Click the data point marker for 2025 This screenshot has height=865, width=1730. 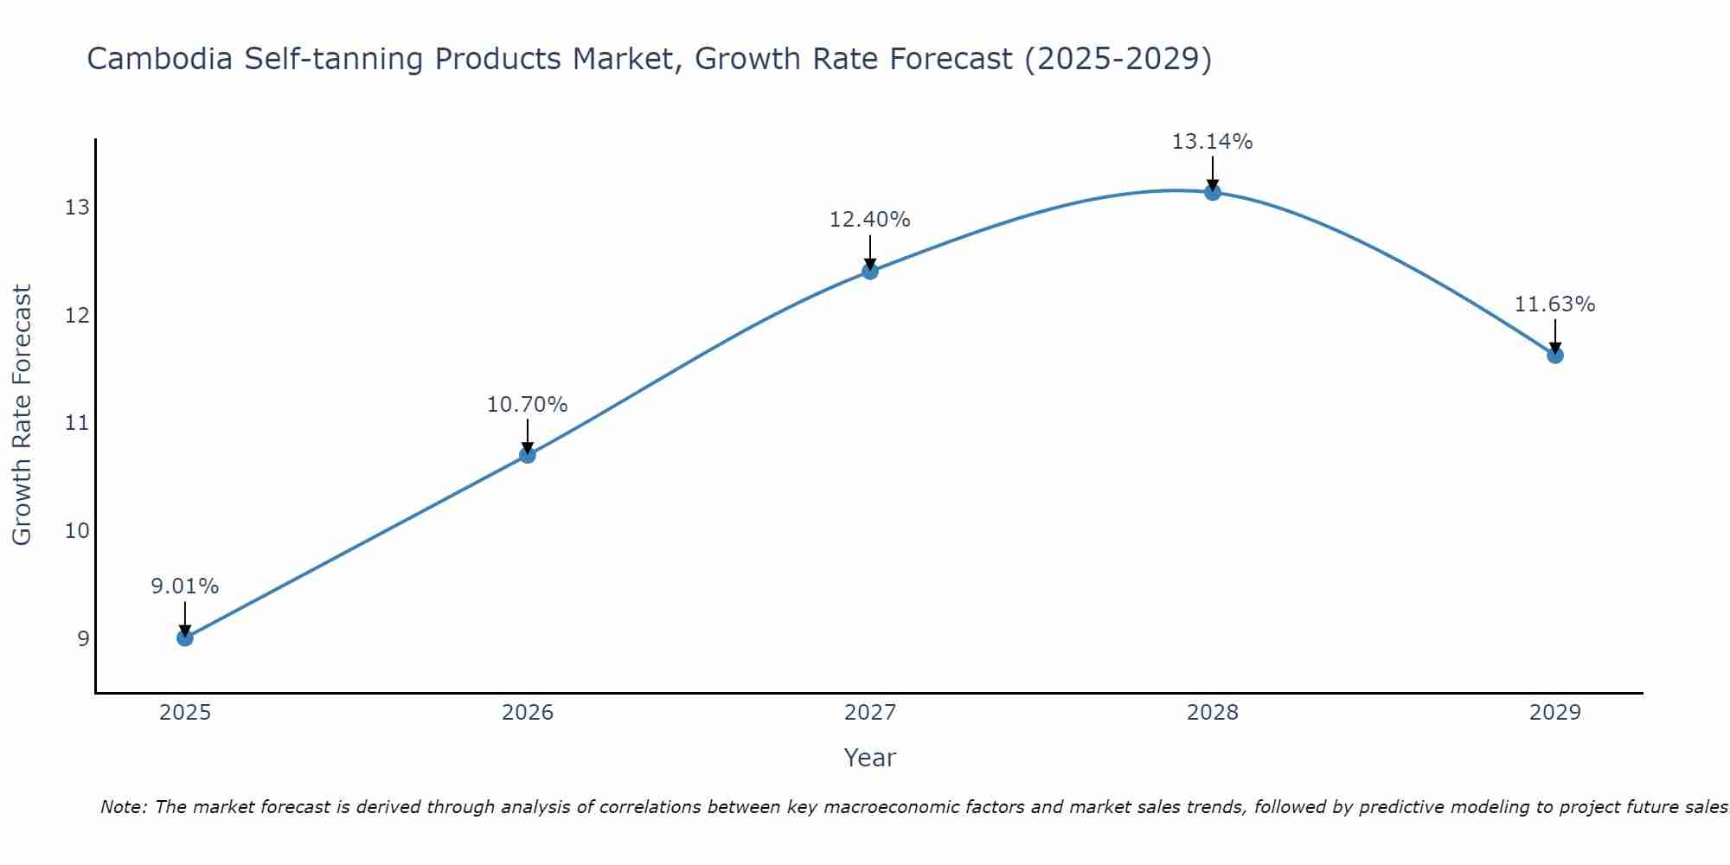[x=185, y=638]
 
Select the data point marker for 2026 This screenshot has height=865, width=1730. [x=528, y=455]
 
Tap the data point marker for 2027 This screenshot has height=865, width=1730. [x=870, y=272]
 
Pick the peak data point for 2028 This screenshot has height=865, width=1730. [x=1213, y=192]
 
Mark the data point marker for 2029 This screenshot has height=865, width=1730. [x=1555, y=356]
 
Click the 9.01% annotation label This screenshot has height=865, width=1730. [x=185, y=586]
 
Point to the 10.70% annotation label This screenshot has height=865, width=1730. [x=528, y=405]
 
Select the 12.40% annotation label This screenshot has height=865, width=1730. [x=870, y=220]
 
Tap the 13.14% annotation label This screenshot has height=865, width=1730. [x=1213, y=141]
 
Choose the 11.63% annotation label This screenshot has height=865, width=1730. [x=1555, y=304]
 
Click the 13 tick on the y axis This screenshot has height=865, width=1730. [x=77, y=208]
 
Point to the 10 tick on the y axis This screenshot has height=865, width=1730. [x=77, y=531]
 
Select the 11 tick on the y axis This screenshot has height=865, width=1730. [x=77, y=423]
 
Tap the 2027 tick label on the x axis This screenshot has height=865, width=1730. [x=870, y=713]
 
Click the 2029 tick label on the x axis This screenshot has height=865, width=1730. [x=1555, y=713]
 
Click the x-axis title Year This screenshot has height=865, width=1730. [x=870, y=758]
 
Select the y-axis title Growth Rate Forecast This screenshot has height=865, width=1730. [x=22, y=415]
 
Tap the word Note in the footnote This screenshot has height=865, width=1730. [x=125, y=807]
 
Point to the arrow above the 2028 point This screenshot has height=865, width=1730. [x=1213, y=171]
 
